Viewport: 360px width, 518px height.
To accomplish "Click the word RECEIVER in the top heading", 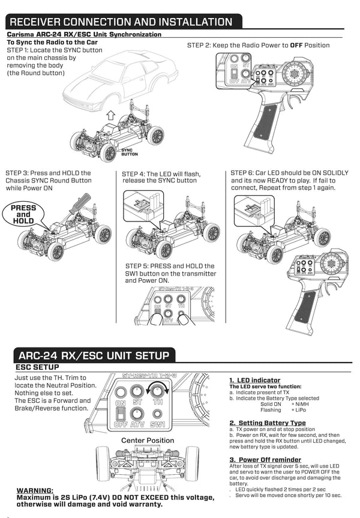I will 45,22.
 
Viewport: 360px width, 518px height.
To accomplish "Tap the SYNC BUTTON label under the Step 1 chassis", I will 130,152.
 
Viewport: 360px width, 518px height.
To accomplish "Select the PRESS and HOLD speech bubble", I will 23,214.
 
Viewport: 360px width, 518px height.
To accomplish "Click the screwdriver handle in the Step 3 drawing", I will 81,202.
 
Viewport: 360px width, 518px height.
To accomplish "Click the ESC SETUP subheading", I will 37,367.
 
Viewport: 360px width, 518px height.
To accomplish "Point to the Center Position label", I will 148,440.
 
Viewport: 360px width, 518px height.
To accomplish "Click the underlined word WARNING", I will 39,490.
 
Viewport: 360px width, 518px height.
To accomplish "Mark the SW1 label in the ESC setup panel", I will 158,425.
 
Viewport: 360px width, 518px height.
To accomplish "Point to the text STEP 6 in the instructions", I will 244,173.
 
